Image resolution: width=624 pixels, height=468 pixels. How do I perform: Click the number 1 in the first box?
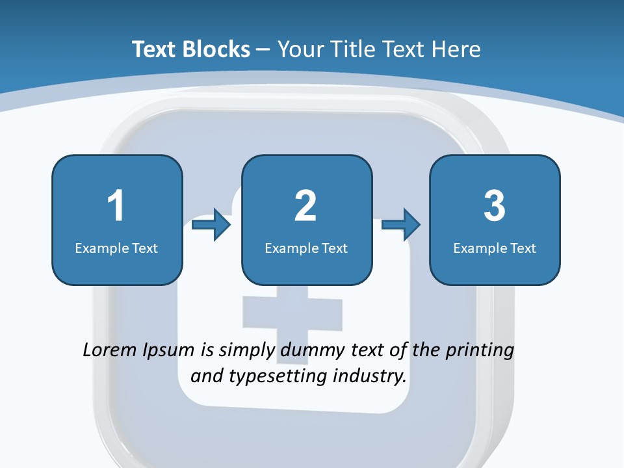tap(116, 206)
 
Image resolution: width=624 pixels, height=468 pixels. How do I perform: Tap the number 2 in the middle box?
tap(305, 206)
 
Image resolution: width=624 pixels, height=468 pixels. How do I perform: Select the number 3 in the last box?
tap(495, 206)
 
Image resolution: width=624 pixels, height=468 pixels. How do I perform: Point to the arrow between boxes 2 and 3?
tap(401, 225)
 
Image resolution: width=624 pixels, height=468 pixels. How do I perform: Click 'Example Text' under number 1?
tap(116, 248)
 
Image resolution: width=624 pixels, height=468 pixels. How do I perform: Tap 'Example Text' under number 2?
tap(306, 248)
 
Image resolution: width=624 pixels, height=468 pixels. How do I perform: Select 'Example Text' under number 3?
tap(495, 248)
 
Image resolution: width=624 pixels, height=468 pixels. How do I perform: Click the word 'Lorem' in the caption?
tap(109, 350)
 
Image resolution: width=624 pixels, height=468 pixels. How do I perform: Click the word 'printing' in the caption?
tap(480, 351)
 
